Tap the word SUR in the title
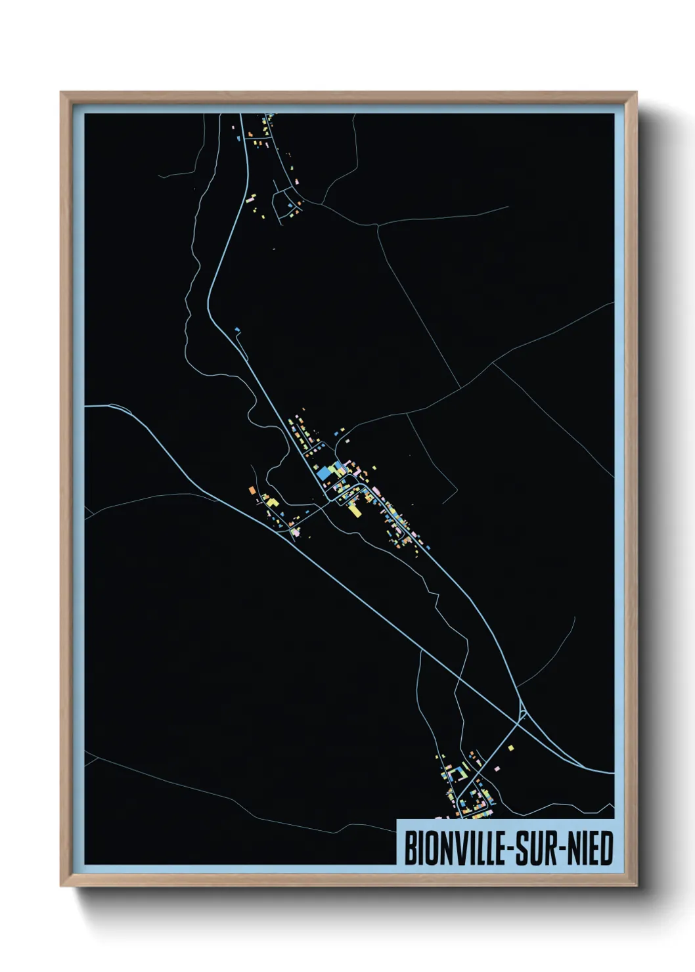pyautogui.click(x=532, y=848)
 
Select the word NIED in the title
pyautogui.click(x=588, y=848)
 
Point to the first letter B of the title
pyautogui.click(x=409, y=848)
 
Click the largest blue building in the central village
pyautogui.click(x=324, y=474)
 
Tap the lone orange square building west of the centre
pyautogui.click(x=252, y=489)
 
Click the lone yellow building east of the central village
pyautogui.click(x=374, y=468)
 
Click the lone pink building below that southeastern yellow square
pyautogui.click(x=497, y=766)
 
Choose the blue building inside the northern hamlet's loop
pyautogui.click(x=287, y=204)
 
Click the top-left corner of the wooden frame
pyautogui.click(x=61, y=93)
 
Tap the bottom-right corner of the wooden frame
pyautogui.click(x=637, y=886)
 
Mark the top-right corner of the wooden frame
pyautogui.click(x=637, y=93)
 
